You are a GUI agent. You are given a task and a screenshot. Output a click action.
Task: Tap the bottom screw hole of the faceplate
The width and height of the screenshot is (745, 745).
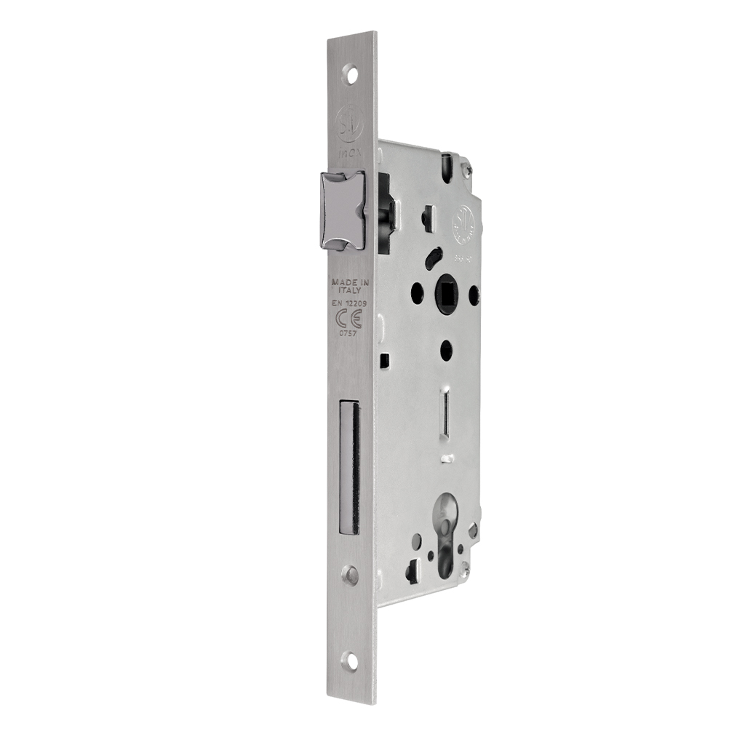click(x=353, y=659)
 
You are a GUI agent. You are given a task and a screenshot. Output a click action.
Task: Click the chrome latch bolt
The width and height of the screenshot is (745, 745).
click(x=340, y=210)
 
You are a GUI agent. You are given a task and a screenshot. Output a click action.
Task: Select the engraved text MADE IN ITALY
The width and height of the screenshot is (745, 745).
click(x=346, y=285)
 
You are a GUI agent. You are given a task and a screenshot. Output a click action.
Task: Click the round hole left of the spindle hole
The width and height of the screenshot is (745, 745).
click(x=416, y=292)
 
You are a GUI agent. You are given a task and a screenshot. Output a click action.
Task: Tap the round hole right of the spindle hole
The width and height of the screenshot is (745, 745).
click(x=474, y=295)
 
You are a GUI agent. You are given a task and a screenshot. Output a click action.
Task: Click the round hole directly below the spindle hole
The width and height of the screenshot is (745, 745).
click(x=446, y=351)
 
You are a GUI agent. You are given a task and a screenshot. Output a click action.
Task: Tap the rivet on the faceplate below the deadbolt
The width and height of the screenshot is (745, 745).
click(x=351, y=575)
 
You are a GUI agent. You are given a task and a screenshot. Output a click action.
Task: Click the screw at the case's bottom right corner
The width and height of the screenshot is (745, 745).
click(x=474, y=532)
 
